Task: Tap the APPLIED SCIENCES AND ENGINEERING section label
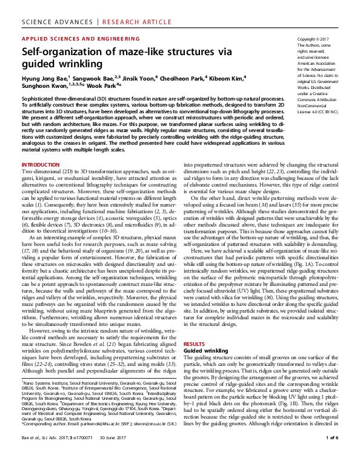pyautogui.click(x=76, y=38)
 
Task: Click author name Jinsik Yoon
pyautogui.click(x=151, y=78)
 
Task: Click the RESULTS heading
pyautogui.click(x=195, y=343)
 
